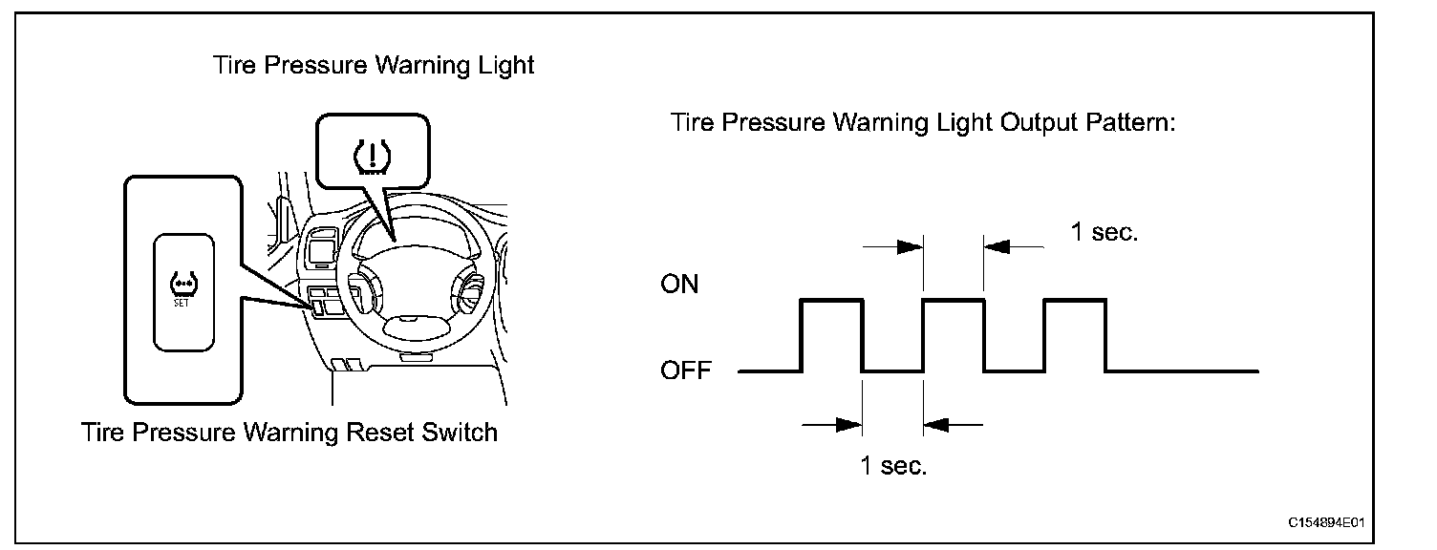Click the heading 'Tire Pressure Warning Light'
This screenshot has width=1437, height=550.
pyautogui.click(x=374, y=66)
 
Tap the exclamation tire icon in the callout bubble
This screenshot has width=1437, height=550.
pyautogui.click(x=373, y=155)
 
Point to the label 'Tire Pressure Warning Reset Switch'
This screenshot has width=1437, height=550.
pyautogui.click(x=290, y=433)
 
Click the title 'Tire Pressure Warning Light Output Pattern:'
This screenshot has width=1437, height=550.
pyautogui.click(x=922, y=123)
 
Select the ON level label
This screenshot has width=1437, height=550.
pyautogui.click(x=679, y=285)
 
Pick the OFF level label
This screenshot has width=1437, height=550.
pyautogui.click(x=686, y=370)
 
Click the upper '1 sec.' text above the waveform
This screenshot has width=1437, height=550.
pyautogui.click(x=1104, y=232)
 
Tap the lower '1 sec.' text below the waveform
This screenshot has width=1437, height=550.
pyautogui.click(x=893, y=466)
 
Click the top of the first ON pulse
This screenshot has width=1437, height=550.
pyautogui.click(x=831, y=300)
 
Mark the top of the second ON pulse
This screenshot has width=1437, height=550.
pyautogui.click(x=954, y=300)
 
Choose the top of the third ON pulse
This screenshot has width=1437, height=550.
pyautogui.click(x=1076, y=300)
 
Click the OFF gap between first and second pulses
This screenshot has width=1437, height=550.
pyautogui.click(x=892, y=370)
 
